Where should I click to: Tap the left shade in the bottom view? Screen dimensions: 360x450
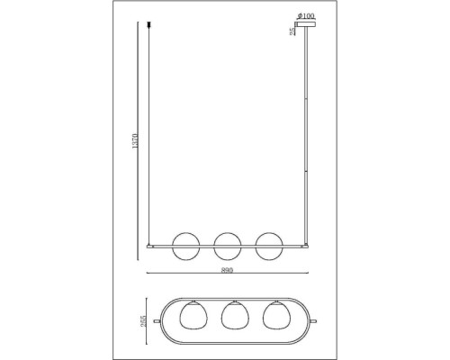pyautogui.click(x=191, y=319)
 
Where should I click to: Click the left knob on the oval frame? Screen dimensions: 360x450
pyautogui.click(x=157, y=319)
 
